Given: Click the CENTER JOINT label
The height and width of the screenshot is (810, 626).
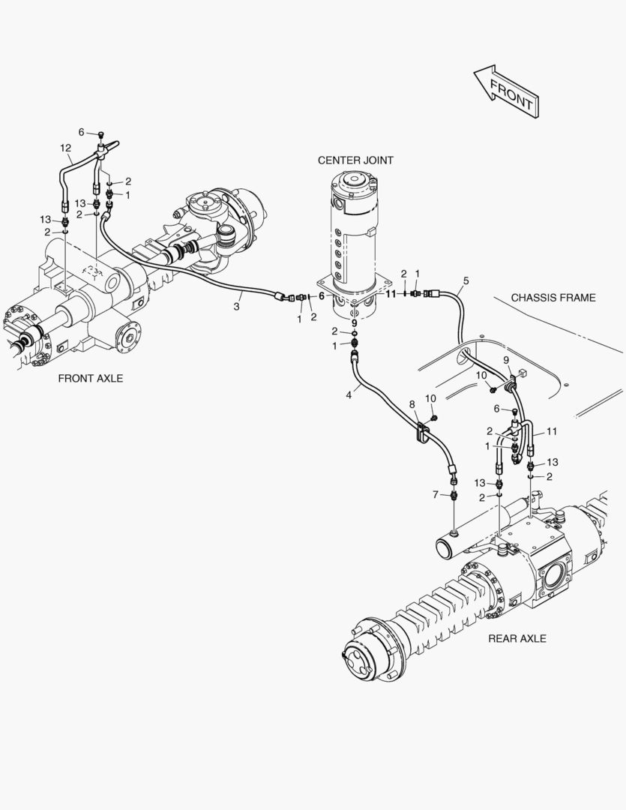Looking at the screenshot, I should coord(355,160).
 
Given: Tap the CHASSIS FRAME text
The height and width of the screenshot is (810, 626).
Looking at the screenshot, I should coord(553,298).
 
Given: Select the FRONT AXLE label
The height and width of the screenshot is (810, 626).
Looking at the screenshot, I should coord(91,379).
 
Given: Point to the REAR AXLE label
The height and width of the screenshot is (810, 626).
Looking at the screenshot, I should coord(517,638).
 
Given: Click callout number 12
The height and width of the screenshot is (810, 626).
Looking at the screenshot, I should coord(66,148).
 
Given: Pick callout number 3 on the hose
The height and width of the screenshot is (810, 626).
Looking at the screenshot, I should coord(236,306).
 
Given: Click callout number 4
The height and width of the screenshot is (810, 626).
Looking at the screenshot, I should coord(349,394).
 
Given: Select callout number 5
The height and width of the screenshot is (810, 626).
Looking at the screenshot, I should coord(466,280).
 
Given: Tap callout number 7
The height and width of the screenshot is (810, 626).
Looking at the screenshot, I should coord(435,494).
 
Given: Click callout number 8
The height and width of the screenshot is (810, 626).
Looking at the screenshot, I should coord(412,405).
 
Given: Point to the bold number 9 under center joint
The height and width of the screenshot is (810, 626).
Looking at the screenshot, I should coord(355,322).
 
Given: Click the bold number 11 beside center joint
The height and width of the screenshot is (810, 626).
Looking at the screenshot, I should coord(390,295).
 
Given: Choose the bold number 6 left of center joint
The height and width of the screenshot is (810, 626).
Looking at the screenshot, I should coord(322,295).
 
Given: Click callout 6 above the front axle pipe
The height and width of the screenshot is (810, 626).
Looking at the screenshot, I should coord(81,132).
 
